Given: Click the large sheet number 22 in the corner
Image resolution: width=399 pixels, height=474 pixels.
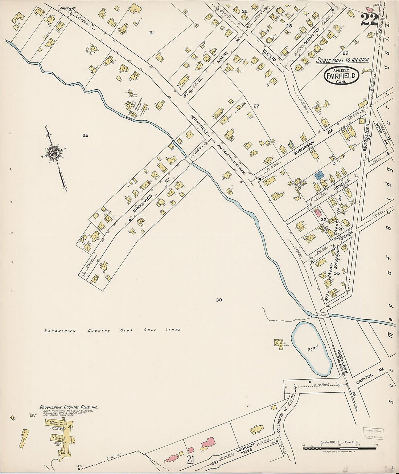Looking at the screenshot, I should pyautogui.click(x=369, y=19).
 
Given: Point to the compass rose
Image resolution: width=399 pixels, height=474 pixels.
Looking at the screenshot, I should pyautogui.click(x=55, y=153).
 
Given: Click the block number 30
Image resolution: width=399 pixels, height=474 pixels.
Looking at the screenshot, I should pyautogui.click(x=218, y=300).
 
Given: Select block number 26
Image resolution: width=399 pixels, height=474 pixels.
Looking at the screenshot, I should pyautogui.click(x=85, y=135).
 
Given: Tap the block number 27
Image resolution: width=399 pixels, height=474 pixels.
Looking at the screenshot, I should pyautogui.click(x=256, y=106).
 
